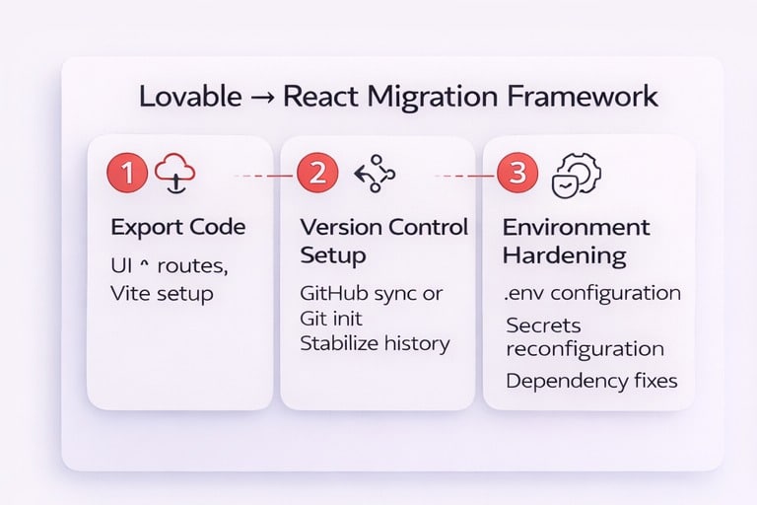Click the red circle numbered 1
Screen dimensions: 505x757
(x=126, y=174)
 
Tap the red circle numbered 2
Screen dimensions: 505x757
(x=317, y=174)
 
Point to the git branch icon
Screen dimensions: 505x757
(x=374, y=174)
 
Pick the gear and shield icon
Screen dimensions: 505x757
(x=577, y=174)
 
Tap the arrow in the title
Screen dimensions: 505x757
(x=265, y=99)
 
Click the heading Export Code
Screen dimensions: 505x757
(x=178, y=227)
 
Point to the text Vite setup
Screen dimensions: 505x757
(x=162, y=293)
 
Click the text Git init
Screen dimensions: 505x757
(x=330, y=319)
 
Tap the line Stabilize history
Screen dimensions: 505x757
(x=375, y=344)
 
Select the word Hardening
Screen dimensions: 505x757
(x=564, y=255)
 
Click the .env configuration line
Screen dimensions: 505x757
(x=591, y=293)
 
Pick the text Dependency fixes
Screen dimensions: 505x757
(x=591, y=380)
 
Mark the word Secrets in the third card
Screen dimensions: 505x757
(x=543, y=325)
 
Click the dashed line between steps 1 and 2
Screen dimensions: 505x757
(x=264, y=176)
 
